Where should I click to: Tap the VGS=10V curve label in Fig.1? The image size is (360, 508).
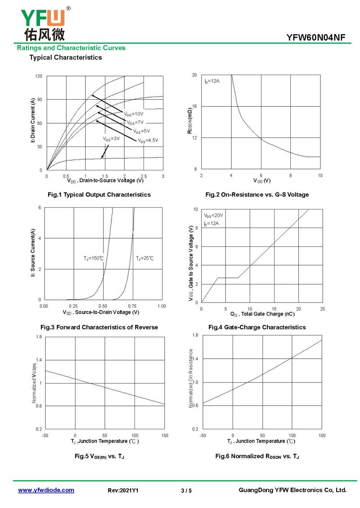(134, 114)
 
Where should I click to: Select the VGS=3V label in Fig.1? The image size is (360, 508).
(111, 139)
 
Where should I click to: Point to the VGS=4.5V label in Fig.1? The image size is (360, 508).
(148, 141)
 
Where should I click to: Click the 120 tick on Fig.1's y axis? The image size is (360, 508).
(39, 76)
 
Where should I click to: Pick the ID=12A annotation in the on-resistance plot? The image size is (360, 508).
(212, 81)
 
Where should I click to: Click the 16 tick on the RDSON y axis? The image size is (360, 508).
(194, 106)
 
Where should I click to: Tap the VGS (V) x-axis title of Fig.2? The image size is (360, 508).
(261, 181)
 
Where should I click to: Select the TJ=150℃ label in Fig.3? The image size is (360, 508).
(94, 258)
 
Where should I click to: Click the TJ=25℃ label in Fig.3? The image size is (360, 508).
(144, 258)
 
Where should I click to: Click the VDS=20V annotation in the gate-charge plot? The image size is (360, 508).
(213, 215)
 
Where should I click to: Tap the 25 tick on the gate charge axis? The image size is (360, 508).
(322, 309)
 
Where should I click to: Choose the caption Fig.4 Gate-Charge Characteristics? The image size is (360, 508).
(257, 327)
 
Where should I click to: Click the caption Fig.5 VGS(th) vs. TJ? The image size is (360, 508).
(99, 456)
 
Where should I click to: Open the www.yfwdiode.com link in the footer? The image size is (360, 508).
(46, 490)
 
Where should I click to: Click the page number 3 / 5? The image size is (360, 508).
(186, 490)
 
